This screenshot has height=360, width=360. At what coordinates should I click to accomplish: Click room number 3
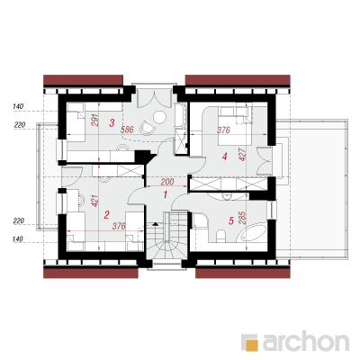112,122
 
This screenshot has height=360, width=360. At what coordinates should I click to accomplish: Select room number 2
106,215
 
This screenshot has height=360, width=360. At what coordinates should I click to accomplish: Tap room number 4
225,156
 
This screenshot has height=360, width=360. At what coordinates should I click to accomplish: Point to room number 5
231,221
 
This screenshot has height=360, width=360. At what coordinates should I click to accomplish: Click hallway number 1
165,194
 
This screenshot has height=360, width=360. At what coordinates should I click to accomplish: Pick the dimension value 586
127,130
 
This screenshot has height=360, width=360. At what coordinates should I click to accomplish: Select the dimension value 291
94,120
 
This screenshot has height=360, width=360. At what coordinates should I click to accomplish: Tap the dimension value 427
243,155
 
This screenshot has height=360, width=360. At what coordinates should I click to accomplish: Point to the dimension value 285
243,218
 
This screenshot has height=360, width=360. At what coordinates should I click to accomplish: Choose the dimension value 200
167,182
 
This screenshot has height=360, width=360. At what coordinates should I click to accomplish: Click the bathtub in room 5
251,233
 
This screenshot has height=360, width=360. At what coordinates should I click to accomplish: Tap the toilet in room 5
220,236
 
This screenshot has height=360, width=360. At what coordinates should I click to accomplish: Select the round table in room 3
159,116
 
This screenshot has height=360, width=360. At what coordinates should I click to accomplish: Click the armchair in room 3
148,128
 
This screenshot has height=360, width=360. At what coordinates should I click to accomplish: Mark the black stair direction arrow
155,224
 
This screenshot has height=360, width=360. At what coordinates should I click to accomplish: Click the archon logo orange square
251,344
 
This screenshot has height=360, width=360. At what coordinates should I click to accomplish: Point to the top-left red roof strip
84,80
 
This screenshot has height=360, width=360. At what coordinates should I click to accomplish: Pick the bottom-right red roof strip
243,273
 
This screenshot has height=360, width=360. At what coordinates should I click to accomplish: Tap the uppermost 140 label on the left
18,106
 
